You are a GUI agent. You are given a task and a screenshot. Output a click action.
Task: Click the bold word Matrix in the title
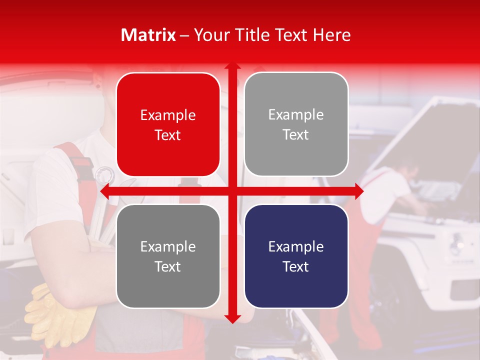[148, 35]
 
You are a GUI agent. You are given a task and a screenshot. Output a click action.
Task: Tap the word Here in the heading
[331, 35]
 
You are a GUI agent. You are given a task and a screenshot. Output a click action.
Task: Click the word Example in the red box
[168, 115]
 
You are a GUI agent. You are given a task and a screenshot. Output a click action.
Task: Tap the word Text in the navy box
[296, 266]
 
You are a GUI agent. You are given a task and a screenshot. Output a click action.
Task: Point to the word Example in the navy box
[296, 246]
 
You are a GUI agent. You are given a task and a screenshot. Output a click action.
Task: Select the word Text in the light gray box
[296, 134]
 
